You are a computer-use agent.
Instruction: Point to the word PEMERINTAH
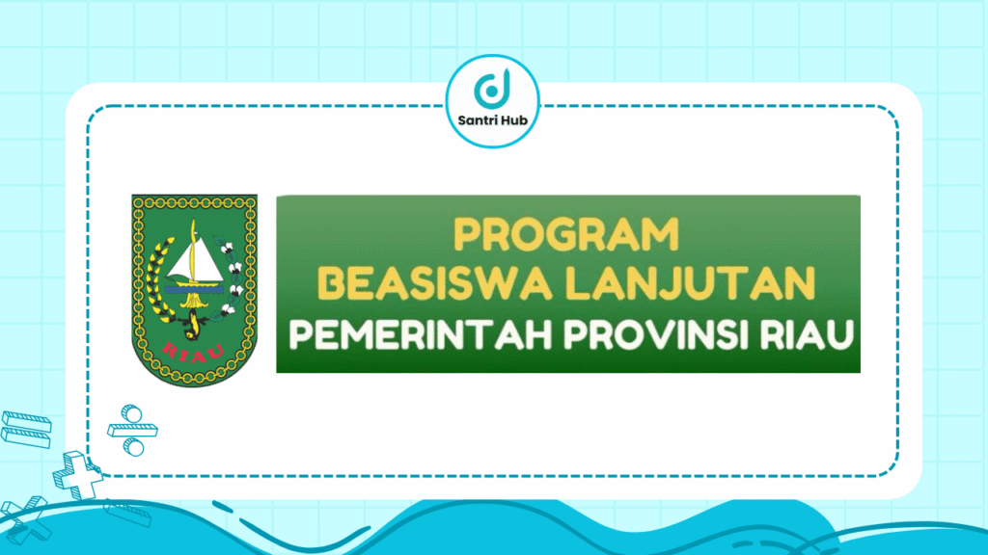[x=398, y=336]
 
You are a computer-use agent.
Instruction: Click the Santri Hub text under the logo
[x=493, y=121]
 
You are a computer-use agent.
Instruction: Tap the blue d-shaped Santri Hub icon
[x=493, y=90]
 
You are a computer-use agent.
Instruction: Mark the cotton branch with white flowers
[x=232, y=279]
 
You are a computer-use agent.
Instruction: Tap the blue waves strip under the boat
[x=194, y=285]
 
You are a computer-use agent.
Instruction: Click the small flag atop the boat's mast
[x=192, y=229]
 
